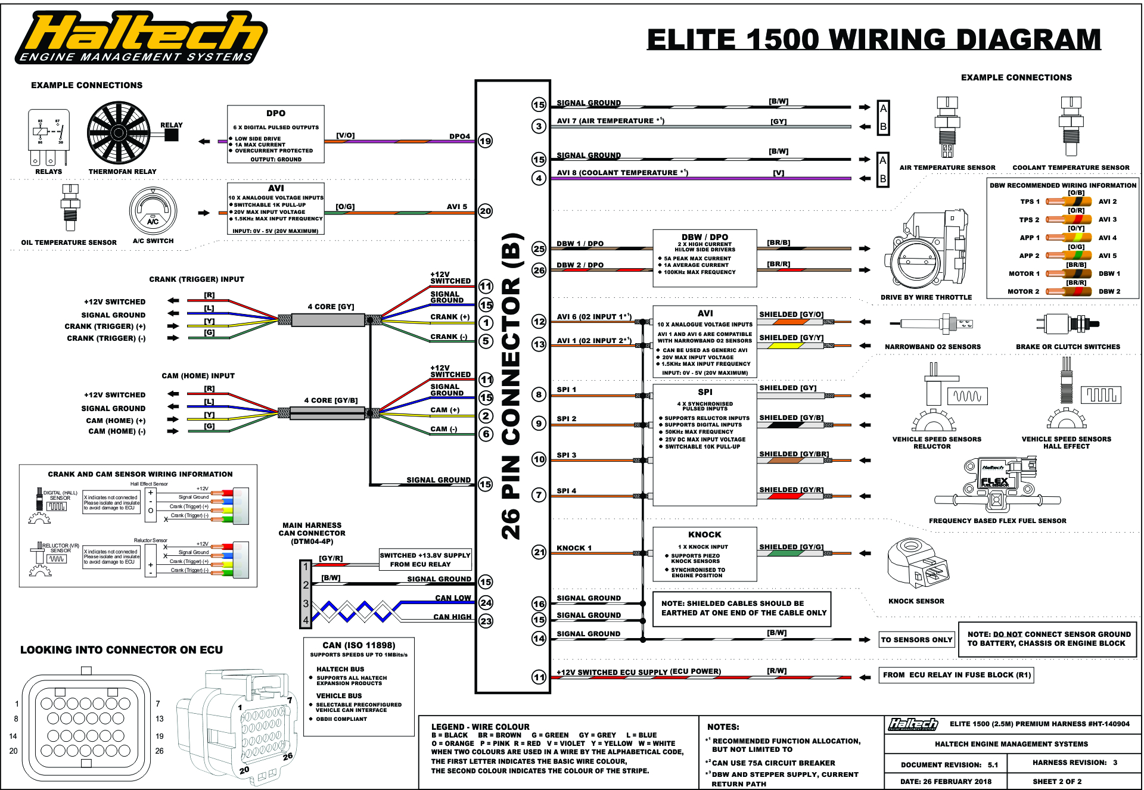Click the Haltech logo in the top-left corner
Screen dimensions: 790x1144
point(141,37)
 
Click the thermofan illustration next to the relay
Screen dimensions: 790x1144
point(118,133)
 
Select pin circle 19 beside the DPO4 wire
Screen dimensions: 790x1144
point(486,141)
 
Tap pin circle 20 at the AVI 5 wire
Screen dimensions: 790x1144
point(486,211)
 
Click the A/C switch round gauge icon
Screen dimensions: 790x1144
point(153,212)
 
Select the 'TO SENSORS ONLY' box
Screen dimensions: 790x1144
point(916,640)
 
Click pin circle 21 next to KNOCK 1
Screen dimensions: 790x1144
point(539,552)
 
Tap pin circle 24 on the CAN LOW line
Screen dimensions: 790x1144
point(486,603)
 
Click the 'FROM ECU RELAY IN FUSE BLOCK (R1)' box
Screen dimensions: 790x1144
point(956,675)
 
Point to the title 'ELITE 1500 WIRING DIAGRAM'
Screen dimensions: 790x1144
point(873,40)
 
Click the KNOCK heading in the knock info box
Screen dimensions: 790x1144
point(704,535)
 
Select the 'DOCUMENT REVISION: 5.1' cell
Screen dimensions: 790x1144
point(946,764)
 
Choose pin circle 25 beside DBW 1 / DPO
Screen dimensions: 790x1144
point(539,248)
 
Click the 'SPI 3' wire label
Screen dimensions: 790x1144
point(566,455)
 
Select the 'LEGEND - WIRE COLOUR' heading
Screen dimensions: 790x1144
point(480,727)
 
